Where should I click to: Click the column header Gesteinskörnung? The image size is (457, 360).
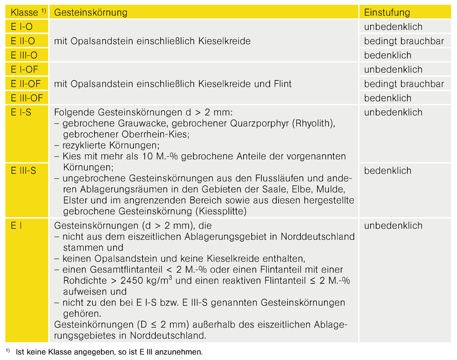pos(91,12)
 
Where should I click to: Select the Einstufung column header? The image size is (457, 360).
pos(386,12)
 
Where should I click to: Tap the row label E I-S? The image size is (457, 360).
pos(21,112)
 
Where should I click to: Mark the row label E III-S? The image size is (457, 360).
pos(24,171)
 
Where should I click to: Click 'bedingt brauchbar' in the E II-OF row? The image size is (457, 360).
pos(404,84)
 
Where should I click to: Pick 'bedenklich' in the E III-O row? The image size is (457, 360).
pos(387,56)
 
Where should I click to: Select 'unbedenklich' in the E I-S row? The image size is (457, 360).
pos(393,112)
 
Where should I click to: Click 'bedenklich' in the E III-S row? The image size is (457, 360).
pos(387,171)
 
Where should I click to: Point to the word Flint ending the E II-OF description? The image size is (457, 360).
pos(281,84)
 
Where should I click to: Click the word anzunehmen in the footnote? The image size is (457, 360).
pos(180,352)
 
